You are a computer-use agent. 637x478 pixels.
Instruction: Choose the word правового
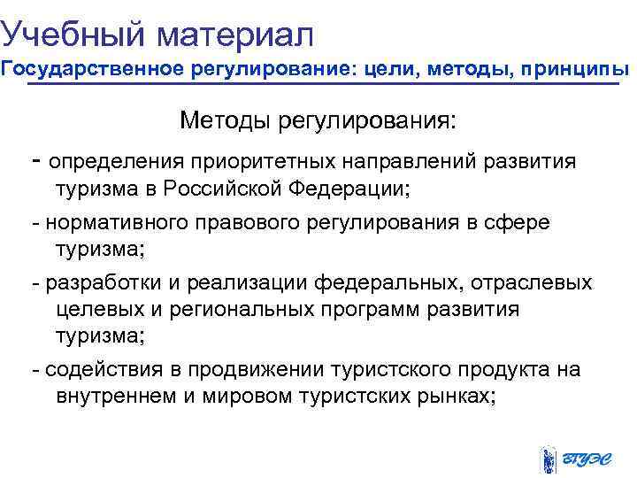click(x=234, y=222)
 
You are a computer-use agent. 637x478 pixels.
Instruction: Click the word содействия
click(x=96, y=369)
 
